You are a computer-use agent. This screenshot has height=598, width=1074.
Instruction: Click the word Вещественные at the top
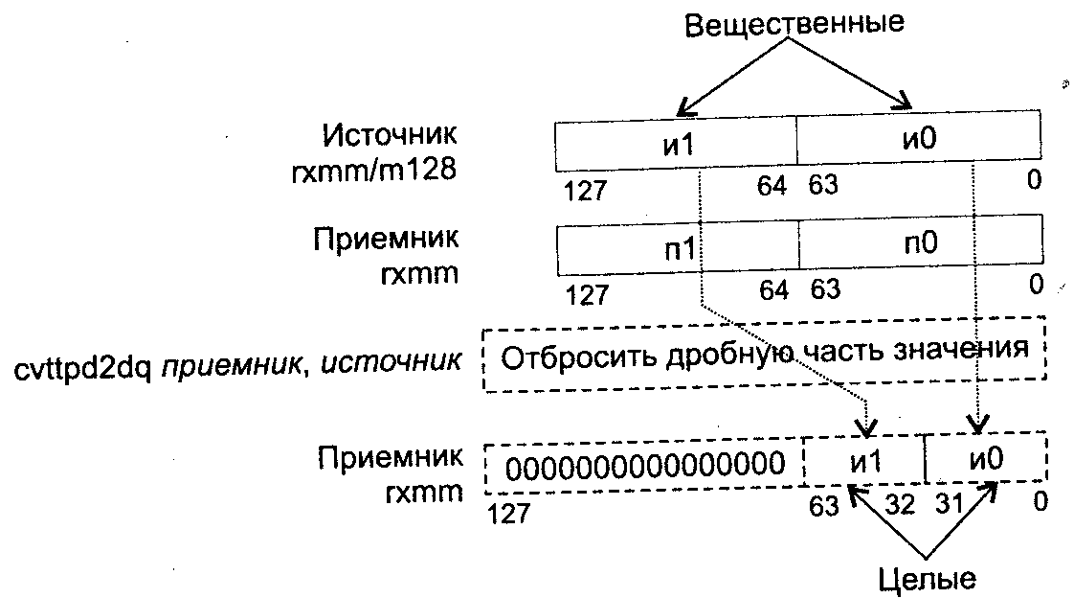point(794,24)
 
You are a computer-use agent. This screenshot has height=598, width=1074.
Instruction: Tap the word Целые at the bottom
point(928,579)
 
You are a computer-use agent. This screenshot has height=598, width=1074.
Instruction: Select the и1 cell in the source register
point(675,142)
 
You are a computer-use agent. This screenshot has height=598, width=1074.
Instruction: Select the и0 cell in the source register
point(917,142)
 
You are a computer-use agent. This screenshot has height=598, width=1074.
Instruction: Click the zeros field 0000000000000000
point(641,467)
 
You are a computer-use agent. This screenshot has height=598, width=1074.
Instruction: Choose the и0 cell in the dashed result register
point(985,461)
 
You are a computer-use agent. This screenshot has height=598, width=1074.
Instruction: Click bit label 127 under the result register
point(507,515)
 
